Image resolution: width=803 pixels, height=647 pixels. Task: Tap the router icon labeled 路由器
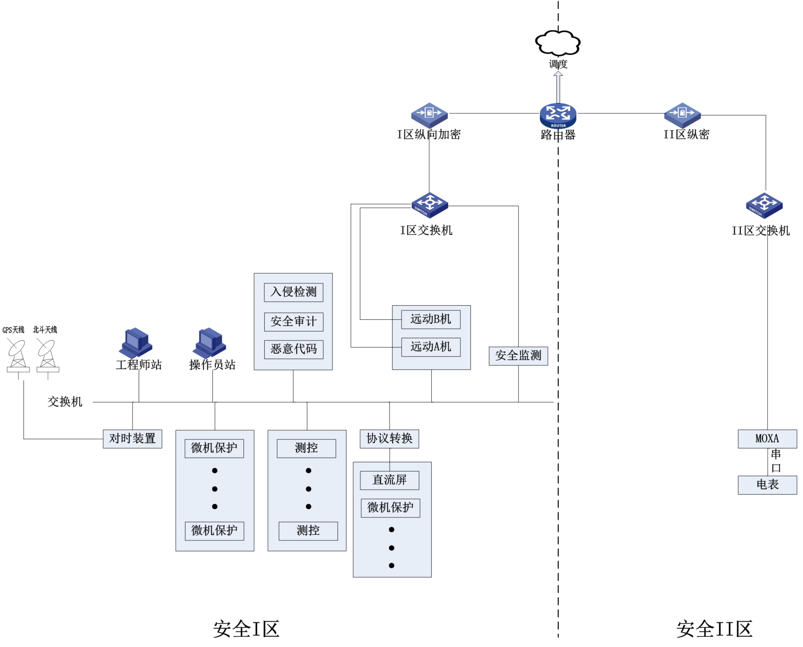tap(558, 115)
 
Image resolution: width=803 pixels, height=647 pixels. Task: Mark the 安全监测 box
tap(518, 356)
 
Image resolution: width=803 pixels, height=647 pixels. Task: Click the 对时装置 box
tap(132, 438)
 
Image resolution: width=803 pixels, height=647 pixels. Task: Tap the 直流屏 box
tap(389, 480)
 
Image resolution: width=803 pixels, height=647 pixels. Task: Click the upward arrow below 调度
tap(558, 87)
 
